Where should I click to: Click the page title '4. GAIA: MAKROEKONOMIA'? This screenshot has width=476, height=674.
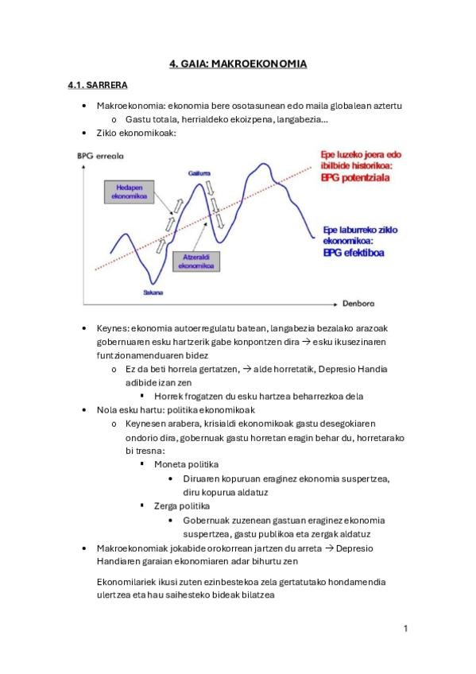point(238,64)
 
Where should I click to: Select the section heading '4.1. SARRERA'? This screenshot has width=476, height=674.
point(98,85)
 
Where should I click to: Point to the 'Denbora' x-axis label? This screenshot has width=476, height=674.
point(358,304)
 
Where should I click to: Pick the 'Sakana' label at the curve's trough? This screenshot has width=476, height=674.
point(153,292)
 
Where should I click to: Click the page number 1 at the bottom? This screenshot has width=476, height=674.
point(405,629)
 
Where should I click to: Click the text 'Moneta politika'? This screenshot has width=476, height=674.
point(186,463)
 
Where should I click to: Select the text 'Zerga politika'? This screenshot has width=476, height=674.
point(181,505)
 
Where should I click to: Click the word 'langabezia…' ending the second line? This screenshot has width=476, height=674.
point(302,119)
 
